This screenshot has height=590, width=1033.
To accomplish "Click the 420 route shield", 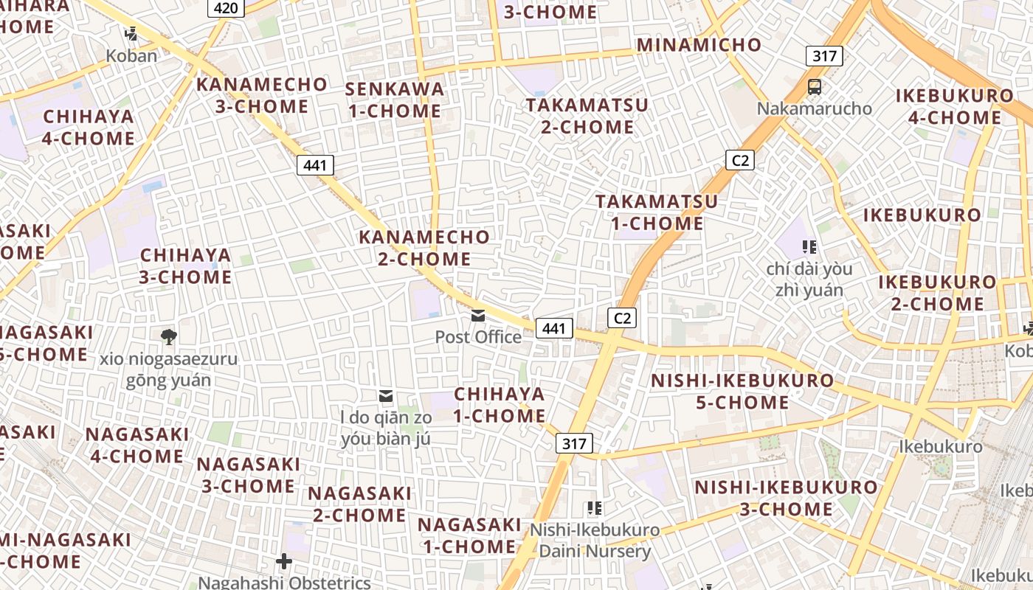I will pyautogui.click(x=227, y=7).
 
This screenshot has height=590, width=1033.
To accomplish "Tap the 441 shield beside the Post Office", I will pyautogui.click(x=554, y=328).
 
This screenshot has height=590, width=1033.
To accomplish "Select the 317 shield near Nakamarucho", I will pyautogui.click(x=824, y=56).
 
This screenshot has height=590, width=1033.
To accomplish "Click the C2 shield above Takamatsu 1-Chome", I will pyautogui.click(x=739, y=159).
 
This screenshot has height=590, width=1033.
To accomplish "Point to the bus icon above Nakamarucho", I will pyautogui.click(x=815, y=87).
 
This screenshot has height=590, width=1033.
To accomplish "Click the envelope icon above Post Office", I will pyautogui.click(x=478, y=316).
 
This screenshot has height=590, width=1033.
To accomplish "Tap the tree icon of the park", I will pyautogui.click(x=168, y=338).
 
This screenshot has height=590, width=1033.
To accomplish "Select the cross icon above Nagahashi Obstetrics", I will pyautogui.click(x=284, y=562).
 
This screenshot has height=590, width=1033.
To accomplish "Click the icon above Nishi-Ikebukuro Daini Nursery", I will pyautogui.click(x=594, y=508).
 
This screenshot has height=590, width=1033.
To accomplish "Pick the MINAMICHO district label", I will pyautogui.click(x=699, y=45).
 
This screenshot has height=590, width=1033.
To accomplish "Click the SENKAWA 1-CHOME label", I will pyautogui.click(x=395, y=100).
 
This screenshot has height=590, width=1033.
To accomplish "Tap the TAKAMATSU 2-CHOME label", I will pyautogui.click(x=587, y=116).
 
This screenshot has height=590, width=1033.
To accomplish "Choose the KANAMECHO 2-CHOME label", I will pyautogui.click(x=424, y=248).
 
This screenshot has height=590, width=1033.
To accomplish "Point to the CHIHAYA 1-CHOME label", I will pyautogui.click(x=500, y=405).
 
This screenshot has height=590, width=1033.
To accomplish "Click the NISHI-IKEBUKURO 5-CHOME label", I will pyautogui.click(x=742, y=392).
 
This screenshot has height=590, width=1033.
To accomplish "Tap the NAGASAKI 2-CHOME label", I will pyautogui.click(x=359, y=504).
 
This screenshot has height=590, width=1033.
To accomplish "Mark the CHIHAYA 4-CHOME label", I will pyautogui.click(x=89, y=128).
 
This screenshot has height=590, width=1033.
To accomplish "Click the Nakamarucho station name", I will pyautogui.click(x=815, y=109).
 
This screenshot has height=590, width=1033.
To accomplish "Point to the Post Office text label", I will pyautogui.click(x=478, y=337).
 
